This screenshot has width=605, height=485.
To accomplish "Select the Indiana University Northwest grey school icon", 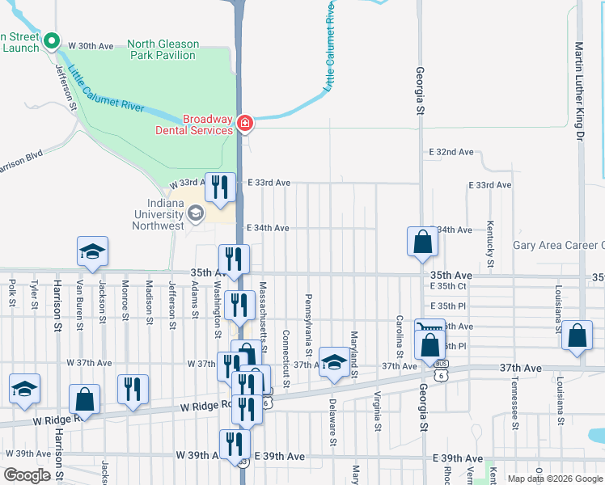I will [195, 213].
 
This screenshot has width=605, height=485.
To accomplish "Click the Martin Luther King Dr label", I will [579, 91].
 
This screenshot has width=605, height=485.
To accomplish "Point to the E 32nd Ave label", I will [451, 152].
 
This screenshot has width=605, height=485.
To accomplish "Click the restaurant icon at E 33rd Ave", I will [221, 188].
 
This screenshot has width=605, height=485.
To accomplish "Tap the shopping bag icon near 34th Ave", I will [422, 242].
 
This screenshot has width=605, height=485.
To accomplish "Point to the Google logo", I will [27, 475].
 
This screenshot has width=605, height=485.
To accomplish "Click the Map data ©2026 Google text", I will [555, 479].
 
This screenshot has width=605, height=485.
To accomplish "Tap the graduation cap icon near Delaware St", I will [332, 362].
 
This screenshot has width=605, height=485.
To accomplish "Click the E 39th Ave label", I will [279, 457].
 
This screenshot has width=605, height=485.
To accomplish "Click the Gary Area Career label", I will [558, 246].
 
